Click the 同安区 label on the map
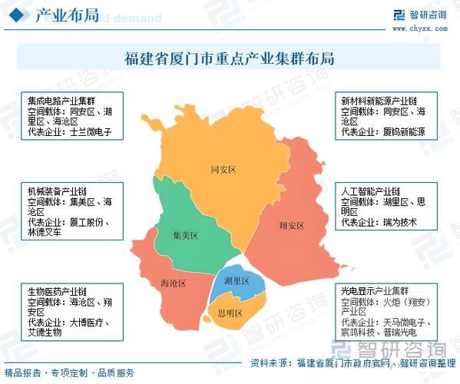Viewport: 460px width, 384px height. pyautogui.click(x=223, y=169)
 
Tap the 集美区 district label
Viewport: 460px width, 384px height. pyautogui.click(x=185, y=236)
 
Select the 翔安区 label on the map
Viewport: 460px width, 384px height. pyautogui.click(x=292, y=226)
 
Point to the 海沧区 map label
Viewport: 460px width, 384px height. pyautogui.click(x=174, y=283)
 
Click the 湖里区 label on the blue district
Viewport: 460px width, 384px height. pyautogui.click(x=237, y=282)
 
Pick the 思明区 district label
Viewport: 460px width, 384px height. pyautogui.click(x=229, y=313)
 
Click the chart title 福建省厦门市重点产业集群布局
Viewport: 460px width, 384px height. pyautogui.click(x=230, y=58)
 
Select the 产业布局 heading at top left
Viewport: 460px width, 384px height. pyautogui.click(x=67, y=16)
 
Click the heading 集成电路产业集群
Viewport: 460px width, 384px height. pyautogui.click(x=61, y=101)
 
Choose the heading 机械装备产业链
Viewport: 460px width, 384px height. pyautogui.click(x=57, y=190)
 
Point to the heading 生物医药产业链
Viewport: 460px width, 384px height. pyautogui.click(x=57, y=292)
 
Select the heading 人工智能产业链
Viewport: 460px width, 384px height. pyautogui.click(x=371, y=190)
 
